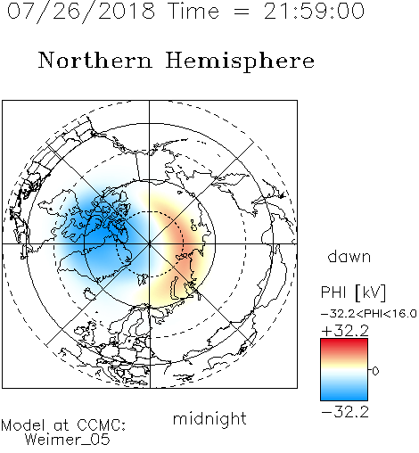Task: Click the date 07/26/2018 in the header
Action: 81,12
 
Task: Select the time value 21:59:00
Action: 314,11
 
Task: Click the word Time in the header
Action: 193,11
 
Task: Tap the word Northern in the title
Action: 95,61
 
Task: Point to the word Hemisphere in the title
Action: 240,62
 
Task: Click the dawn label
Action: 349,256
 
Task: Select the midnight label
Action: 209,418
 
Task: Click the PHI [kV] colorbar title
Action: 353,292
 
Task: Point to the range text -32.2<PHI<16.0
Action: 369,314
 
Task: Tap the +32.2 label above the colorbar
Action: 345,331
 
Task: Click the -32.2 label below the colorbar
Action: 345,412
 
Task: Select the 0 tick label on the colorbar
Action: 375,371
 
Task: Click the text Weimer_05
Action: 68,440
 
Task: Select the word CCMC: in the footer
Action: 102,425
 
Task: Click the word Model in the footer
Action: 23,425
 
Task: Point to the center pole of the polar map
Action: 150,244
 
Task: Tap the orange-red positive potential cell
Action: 182,243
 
